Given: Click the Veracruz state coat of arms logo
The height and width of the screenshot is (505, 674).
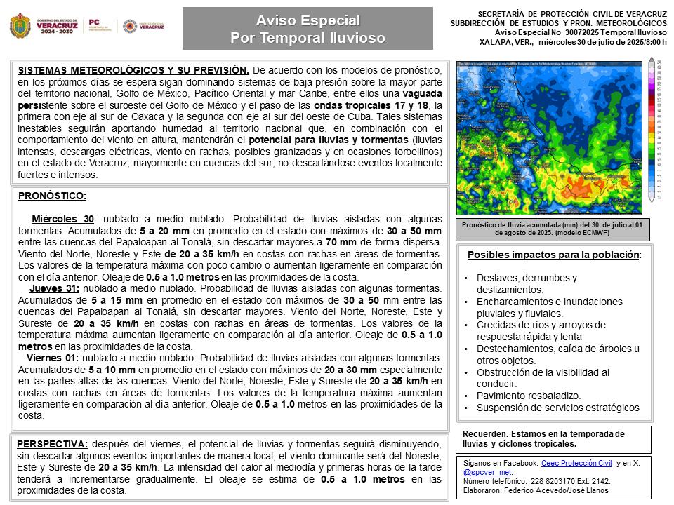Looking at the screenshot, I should click(x=20, y=27).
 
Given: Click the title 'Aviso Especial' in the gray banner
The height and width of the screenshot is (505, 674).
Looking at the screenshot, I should click(x=308, y=20).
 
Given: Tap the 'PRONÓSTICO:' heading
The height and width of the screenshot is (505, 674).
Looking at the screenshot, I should click(x=52, y=196).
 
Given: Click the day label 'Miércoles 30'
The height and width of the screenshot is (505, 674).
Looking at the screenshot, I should click(x=62, y=219).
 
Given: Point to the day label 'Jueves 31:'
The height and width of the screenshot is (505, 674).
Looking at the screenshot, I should click(x=54, y=288).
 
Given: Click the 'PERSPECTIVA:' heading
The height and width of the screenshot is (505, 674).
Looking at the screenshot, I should click(x=53, y=444).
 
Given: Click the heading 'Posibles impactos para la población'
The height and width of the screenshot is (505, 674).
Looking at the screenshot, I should click(x=553, y=255).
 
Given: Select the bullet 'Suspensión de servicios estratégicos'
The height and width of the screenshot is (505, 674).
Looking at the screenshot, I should click(x=558, y=408).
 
